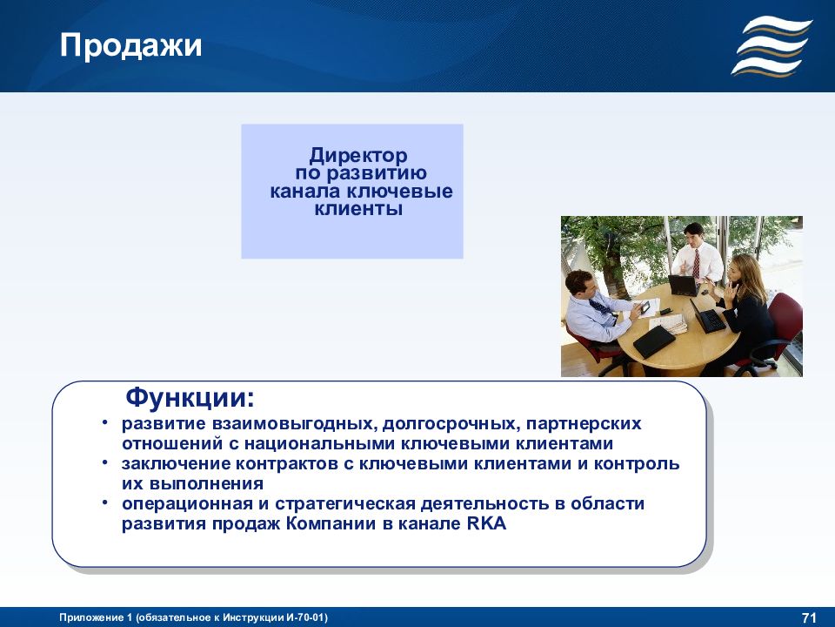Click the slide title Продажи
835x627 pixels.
[x=130, y=46]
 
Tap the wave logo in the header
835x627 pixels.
[x=772, y=46]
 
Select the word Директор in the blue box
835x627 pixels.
[x=358, y=156]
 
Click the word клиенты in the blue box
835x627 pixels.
[x=358, y=208]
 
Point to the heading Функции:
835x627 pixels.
[x=190, y=398]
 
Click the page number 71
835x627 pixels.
[x=809, y=618]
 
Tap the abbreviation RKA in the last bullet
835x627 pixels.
[x=486, y=523]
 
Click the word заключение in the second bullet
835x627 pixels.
[x=176, y=464]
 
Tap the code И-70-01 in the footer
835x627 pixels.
[x=305, y=618]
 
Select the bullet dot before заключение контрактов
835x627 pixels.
[x=105, y=462]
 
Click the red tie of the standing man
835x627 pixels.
[x=696, y=263]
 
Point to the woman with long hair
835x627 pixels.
[x=745, y=309]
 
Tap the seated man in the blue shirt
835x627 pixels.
[x=597, y=314]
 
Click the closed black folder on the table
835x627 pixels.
[x=654, y=341]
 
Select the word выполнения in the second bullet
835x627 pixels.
[x=207, y=484]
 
